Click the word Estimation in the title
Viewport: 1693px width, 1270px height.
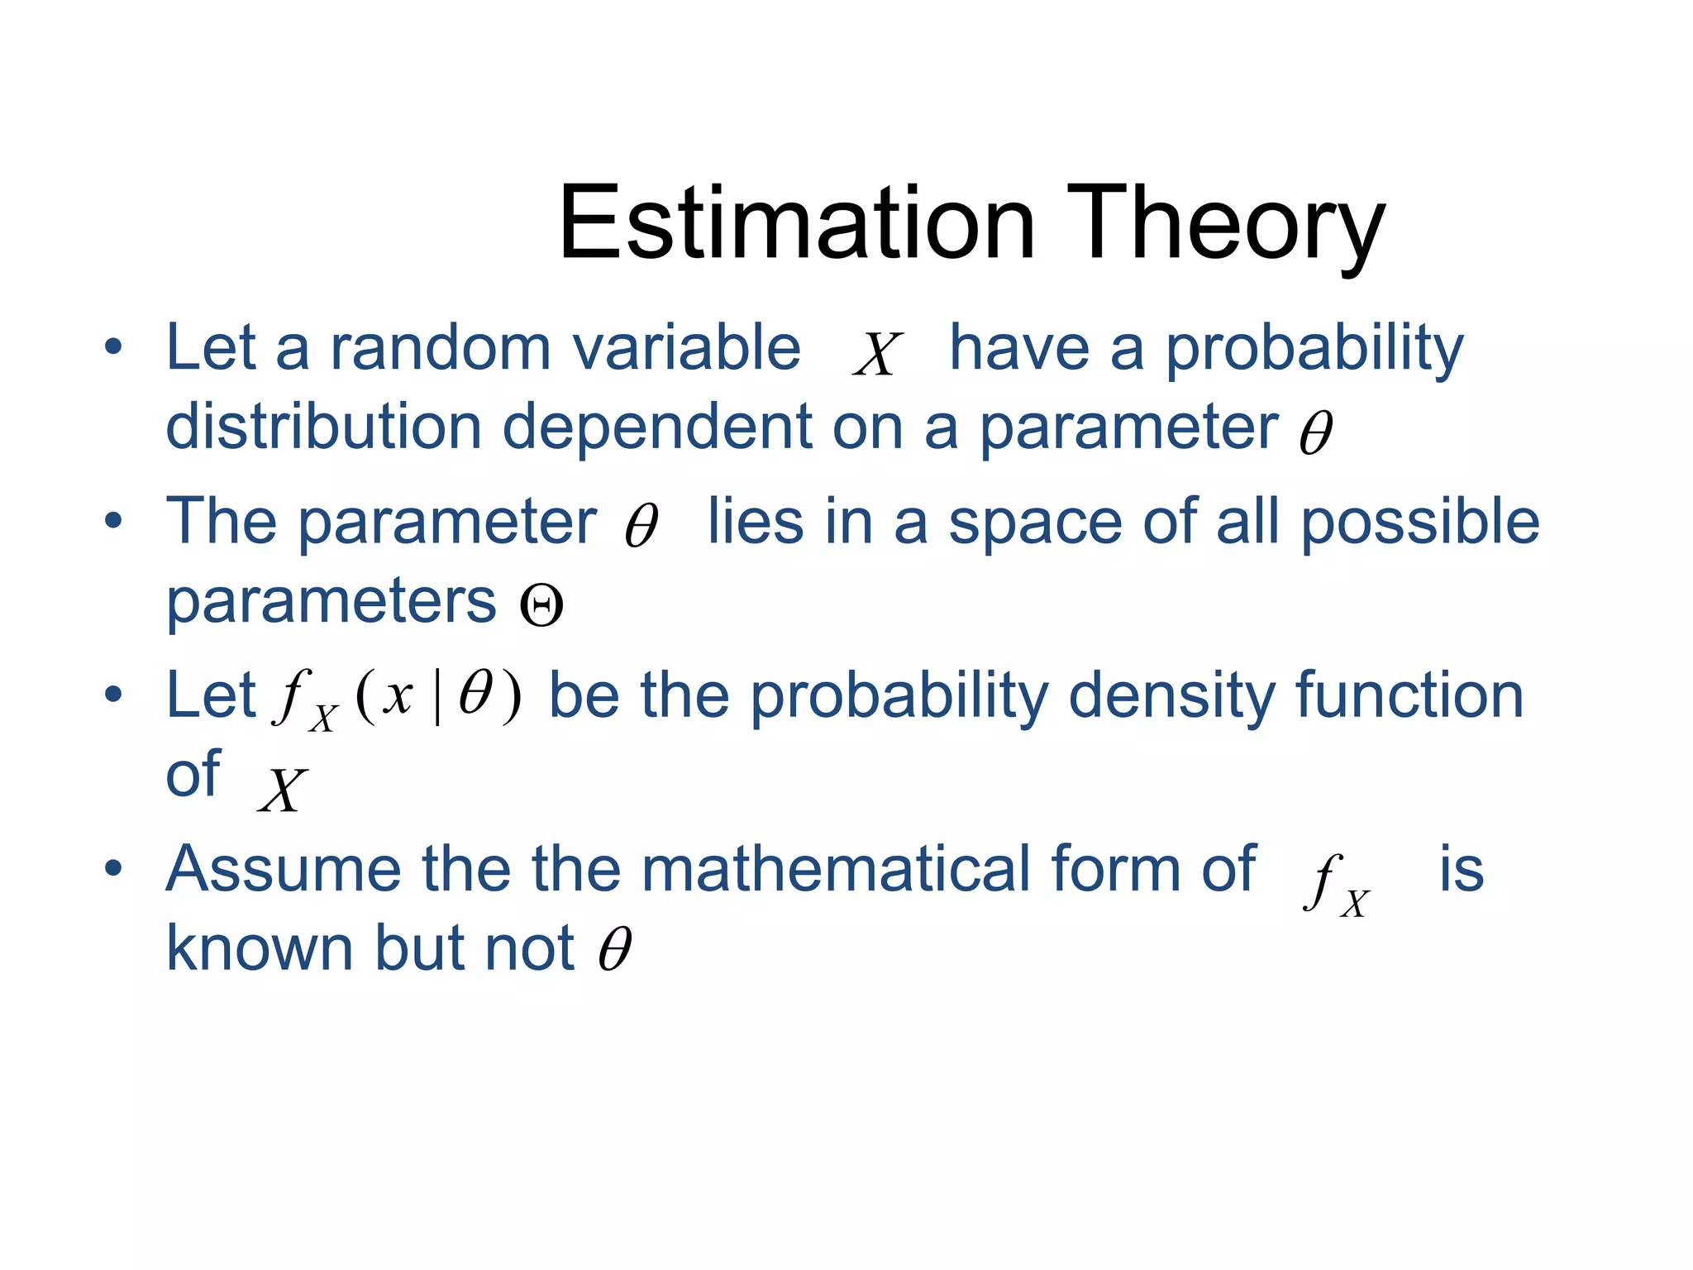pos(796,223)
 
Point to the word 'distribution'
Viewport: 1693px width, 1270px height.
pos(323,427)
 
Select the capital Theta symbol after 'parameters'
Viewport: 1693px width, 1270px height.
pos(541,605)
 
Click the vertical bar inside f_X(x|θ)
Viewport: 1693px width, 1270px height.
pos(437,696)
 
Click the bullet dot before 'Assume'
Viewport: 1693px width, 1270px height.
pos(113,869)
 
